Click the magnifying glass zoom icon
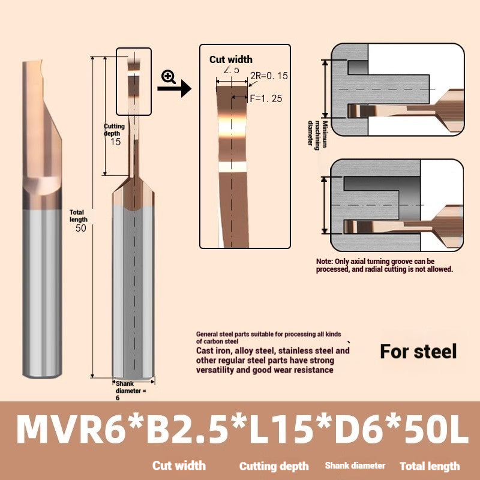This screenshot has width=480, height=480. tap(169, 77)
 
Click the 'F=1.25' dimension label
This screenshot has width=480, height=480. tap(265, 98)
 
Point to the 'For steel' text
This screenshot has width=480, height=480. tap(418, 351)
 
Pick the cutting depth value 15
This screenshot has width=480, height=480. tap(115, 142)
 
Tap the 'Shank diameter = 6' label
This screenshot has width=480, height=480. tap(128, 390)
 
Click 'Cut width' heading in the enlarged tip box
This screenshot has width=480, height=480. tap(231, 59)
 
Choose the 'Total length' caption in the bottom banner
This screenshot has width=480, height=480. tap(430, 466)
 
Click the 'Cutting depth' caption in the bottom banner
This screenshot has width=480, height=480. tap(274, 466)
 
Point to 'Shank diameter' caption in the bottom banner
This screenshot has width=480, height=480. tap(355, 466)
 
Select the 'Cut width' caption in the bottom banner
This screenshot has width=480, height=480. tap(179, 466)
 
